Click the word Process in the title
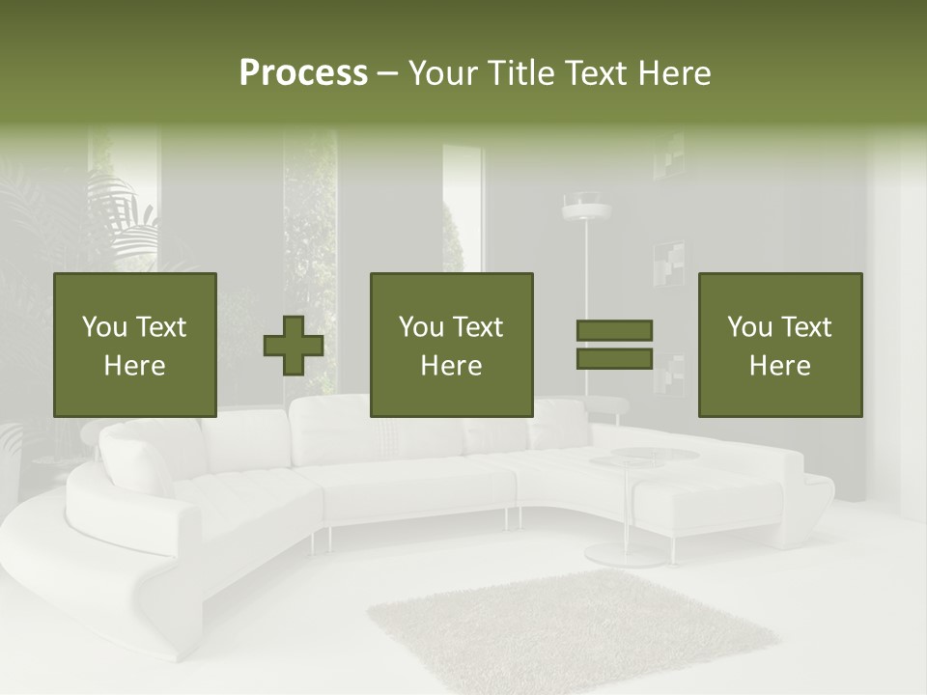[x=303, y=73]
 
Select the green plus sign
[x=294, y=346]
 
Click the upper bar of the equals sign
[x=614, y=331]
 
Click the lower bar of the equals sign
[x=614, y=359]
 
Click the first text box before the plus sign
[x=134, y=346]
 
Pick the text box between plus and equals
[x=451, y=346]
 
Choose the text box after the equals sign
[x=779, y=346]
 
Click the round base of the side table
[x=626, y=555]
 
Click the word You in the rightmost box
[x=750, y=328]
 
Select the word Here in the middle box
[x=451, y=366]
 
